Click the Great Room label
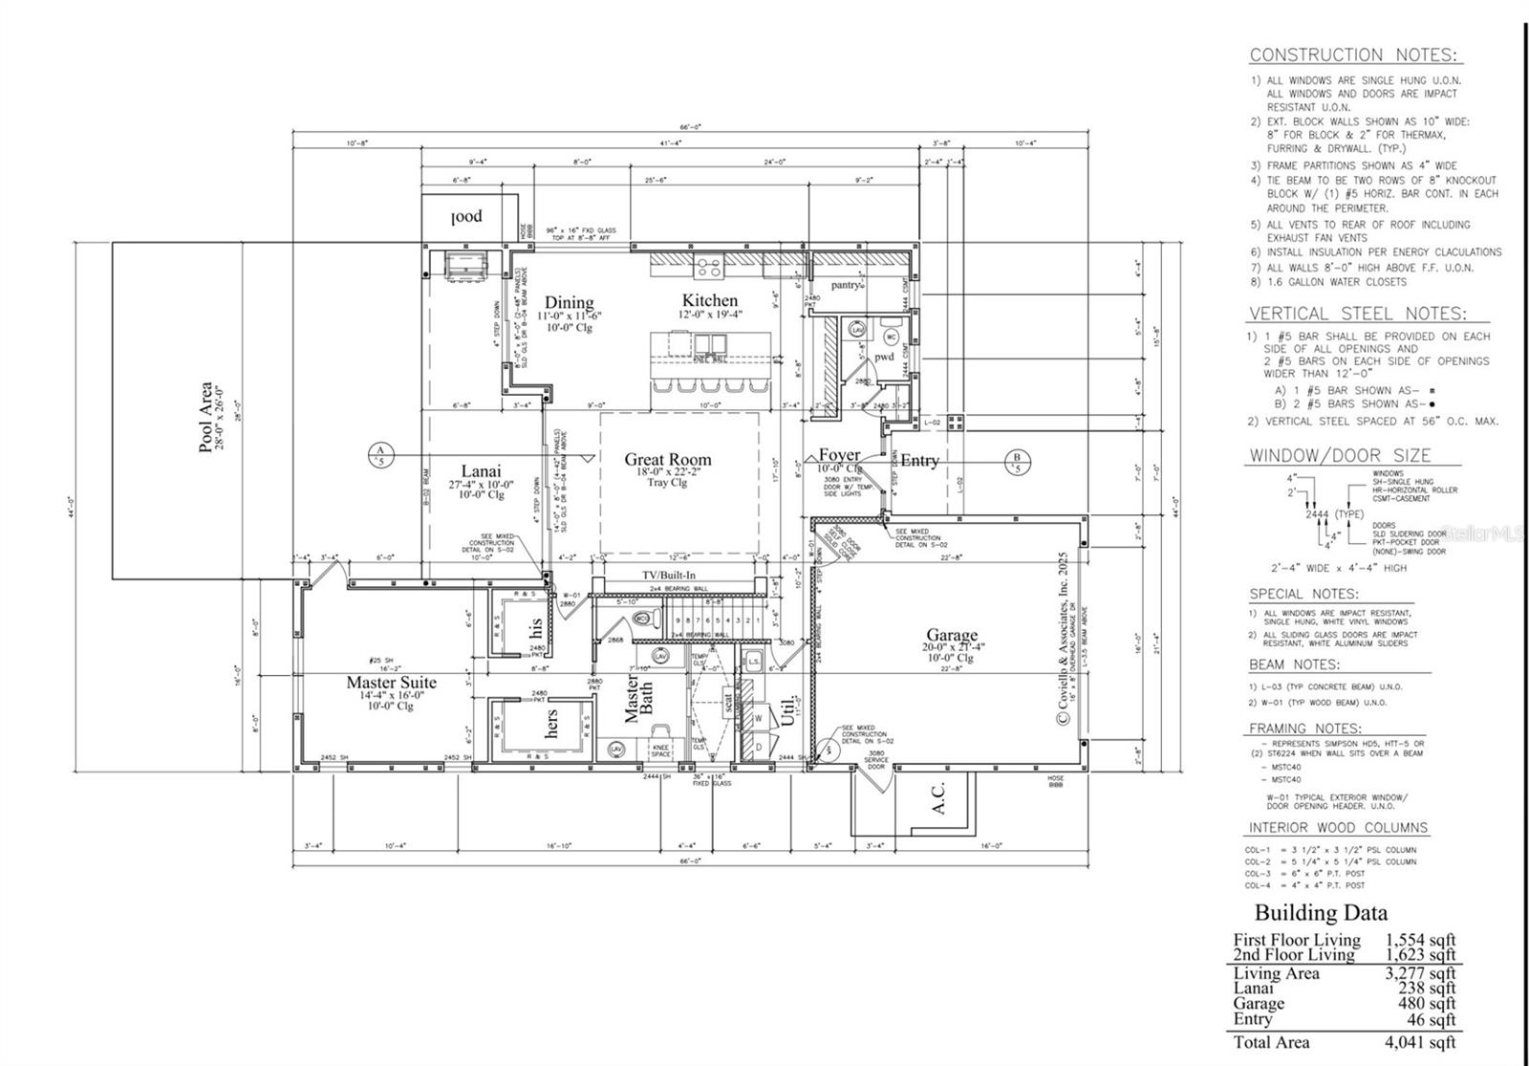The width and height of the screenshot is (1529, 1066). click(x=668, y=460)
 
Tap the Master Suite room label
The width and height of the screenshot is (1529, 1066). click(x=391, y=683)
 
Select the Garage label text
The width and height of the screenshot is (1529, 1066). click(x=952, y=635)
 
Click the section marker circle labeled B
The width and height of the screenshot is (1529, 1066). click(x=1017, y=462)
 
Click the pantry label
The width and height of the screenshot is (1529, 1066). click(x=845, y=285)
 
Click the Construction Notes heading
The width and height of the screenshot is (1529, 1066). click(x=1355, y=55)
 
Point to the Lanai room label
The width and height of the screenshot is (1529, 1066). click(x=481, y=470)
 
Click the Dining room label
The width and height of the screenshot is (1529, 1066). click(x=569, y=303)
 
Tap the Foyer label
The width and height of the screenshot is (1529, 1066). click(x=839, y=455)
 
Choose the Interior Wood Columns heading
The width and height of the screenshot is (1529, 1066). click(x=1338, y=828)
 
